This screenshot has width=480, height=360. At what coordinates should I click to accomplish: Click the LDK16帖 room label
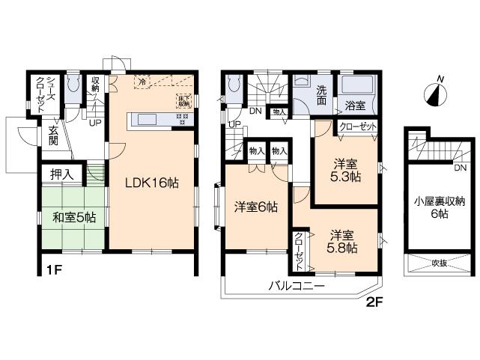tap(152, 182)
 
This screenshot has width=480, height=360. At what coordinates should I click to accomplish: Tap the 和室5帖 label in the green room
tap(73, 218)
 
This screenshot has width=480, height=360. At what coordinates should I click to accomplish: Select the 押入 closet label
tap(62, 174)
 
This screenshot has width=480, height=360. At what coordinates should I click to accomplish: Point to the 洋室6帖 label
tap(256, 207)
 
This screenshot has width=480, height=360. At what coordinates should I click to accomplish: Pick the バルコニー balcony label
tap(297, 286)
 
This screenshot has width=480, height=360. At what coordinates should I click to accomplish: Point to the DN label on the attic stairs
tap(460, 168)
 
